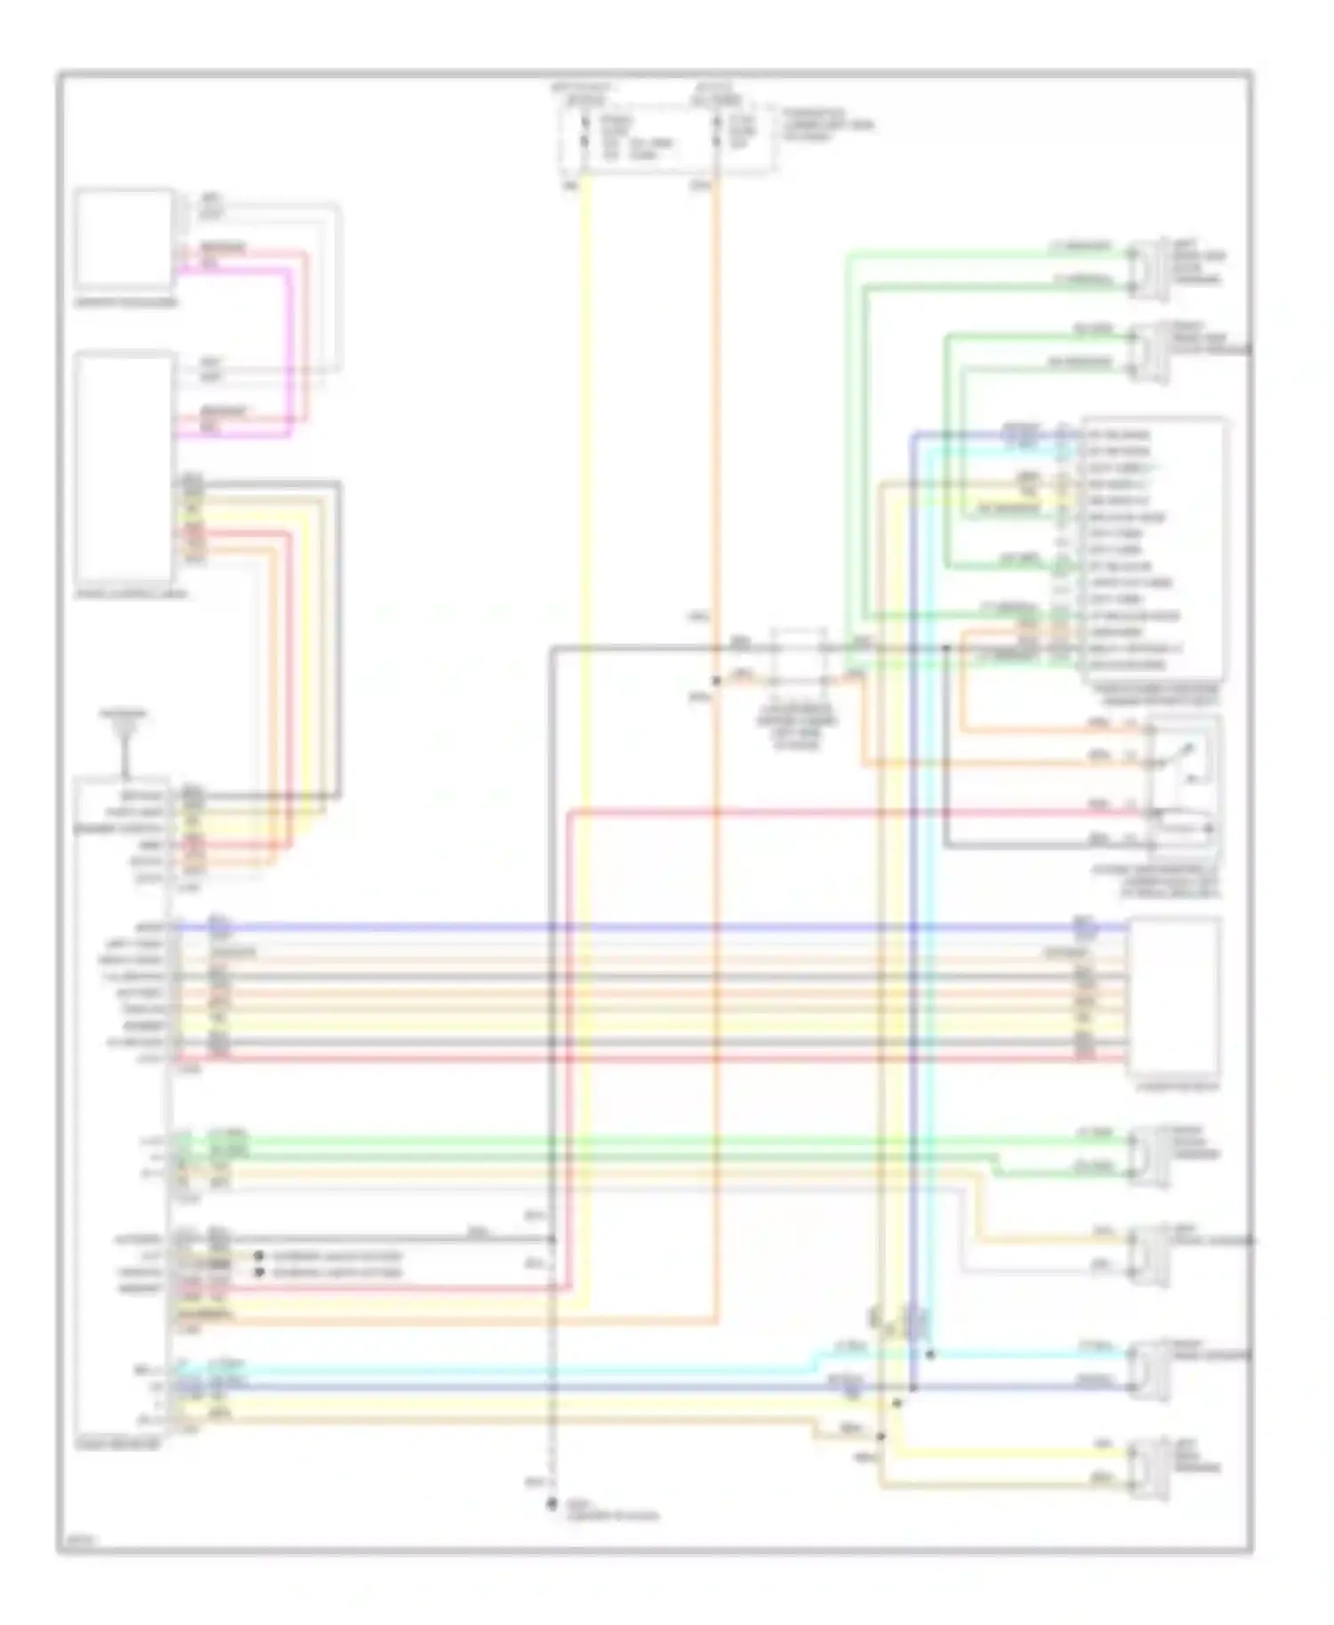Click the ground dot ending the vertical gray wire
point(551,1505)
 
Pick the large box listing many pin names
point(1153,549)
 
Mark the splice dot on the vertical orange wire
point(717,680)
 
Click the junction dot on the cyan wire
point(930,1355)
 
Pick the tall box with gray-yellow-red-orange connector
point(124,467)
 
